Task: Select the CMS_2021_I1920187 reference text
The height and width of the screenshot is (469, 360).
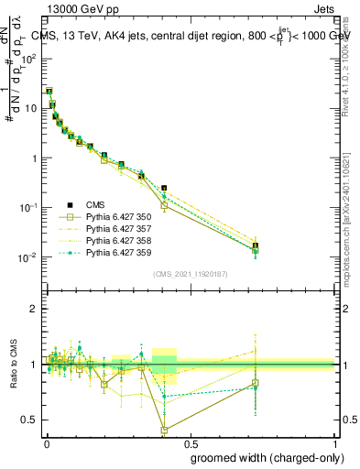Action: [x=190, y=274]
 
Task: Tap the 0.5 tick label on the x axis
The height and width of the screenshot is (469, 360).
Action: [x=190, y=442]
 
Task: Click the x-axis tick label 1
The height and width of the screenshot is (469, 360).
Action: [x=334, y=442]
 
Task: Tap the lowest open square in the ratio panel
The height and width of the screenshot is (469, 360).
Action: [x=164, y=430]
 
